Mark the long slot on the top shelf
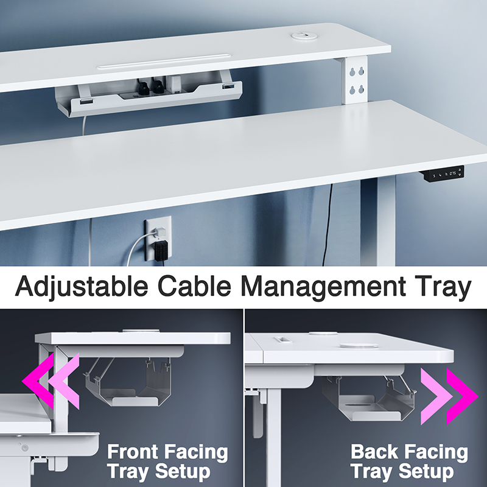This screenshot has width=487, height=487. (164, 63)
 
